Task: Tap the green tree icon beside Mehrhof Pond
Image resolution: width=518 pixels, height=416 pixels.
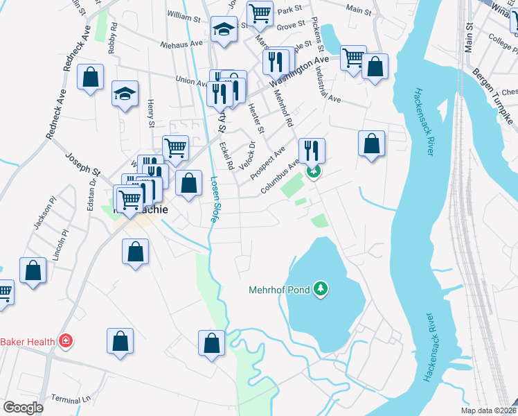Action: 320,287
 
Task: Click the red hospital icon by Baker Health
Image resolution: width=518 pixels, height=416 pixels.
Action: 66,341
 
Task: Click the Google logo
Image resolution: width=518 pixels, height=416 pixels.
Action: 23,408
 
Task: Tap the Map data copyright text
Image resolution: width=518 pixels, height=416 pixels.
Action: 489,410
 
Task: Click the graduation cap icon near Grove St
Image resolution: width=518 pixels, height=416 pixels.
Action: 223,29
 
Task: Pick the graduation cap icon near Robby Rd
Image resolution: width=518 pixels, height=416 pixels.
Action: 125,94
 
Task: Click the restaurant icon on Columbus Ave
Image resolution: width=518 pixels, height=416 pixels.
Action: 312,150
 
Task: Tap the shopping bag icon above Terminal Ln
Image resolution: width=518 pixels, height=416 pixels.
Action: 120,340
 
